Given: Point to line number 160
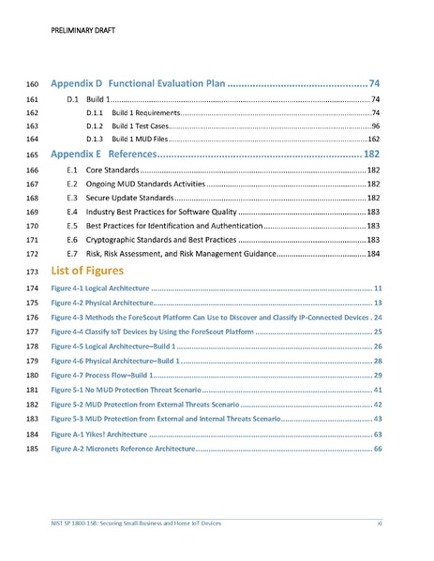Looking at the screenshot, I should [31, 84].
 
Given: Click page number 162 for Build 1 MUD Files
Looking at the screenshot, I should [372, 139].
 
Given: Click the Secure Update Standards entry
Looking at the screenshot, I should [129, 199].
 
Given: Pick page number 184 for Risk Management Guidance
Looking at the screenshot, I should [372, 254].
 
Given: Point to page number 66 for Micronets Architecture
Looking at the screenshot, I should [377, 450].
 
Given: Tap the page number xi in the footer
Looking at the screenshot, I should [379, 523].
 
